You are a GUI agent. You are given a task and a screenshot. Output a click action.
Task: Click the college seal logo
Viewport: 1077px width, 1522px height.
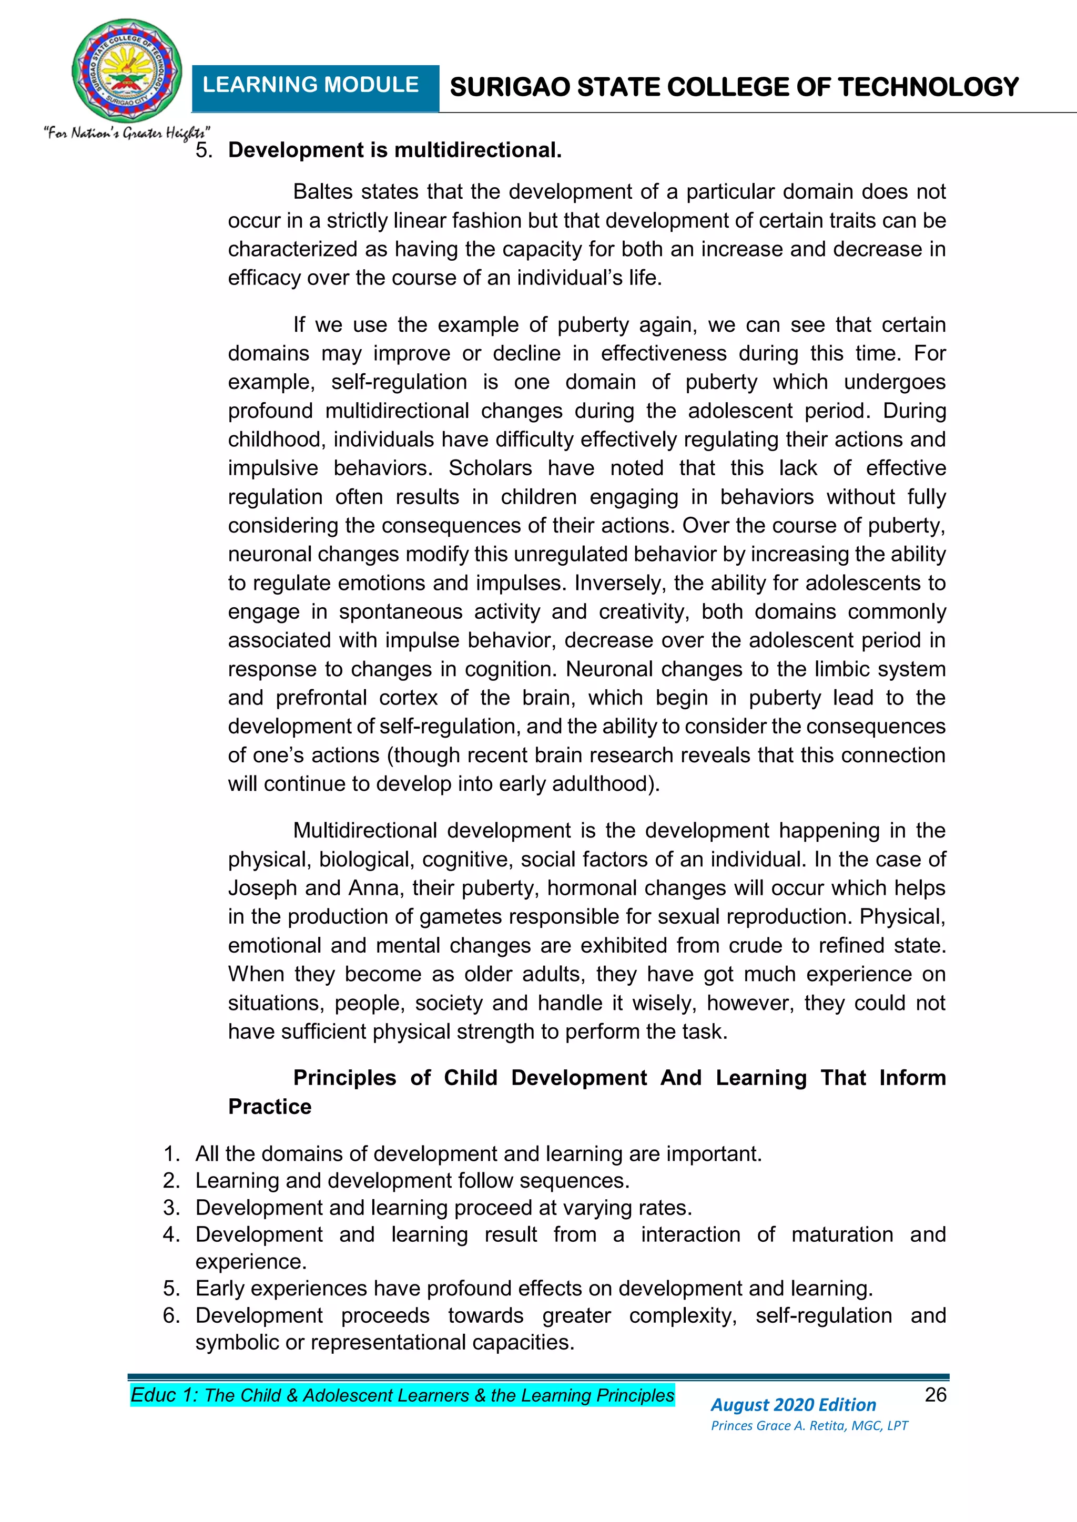tap(127, 72)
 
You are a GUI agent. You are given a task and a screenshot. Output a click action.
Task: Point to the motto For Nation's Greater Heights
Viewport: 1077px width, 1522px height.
tap(127, 133)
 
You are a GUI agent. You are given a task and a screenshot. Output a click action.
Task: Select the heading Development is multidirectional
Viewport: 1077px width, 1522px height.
tap(394, 150)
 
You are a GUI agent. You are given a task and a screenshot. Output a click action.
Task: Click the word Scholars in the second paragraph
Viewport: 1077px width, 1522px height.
tap(490, 468)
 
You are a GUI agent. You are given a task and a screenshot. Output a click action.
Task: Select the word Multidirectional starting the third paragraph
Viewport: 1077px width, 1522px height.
tap(365, 831)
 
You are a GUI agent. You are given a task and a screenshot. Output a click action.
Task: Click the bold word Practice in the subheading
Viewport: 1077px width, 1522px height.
tap(269, 1106)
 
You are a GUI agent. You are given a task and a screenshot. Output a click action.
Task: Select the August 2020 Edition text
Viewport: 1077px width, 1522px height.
tap(793, 1405)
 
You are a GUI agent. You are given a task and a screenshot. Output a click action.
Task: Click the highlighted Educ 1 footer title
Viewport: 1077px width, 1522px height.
tap(402, 1395)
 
